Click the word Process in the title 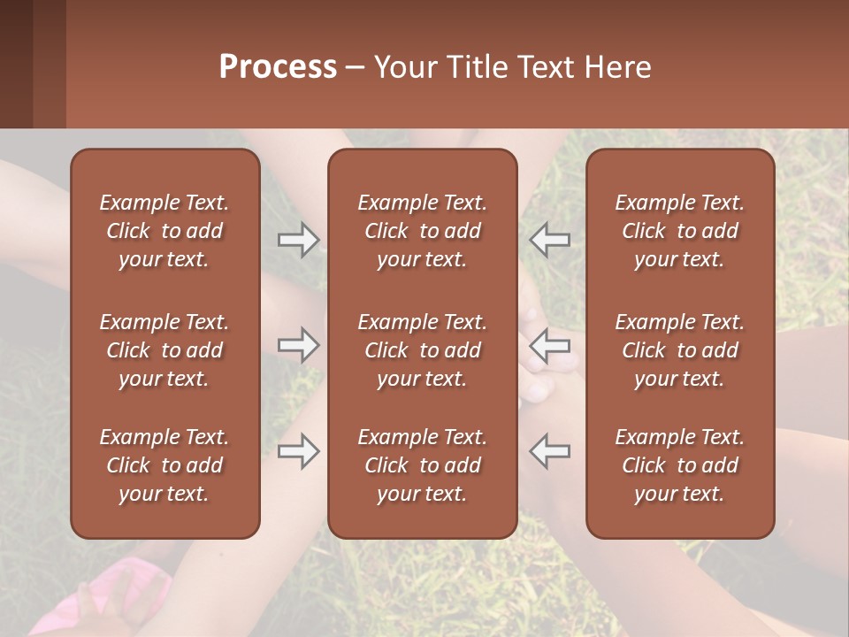278,67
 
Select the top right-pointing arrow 298,240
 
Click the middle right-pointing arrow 298,345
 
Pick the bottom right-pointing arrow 298,451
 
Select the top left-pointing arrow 550,240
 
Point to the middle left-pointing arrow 550,345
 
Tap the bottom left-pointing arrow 550,451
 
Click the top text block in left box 164,231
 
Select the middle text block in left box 164,350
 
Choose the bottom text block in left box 164,465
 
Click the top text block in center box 422,231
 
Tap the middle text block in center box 422,350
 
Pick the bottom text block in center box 422,465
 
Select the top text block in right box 679,231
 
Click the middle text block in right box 679,350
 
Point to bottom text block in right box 679,465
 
